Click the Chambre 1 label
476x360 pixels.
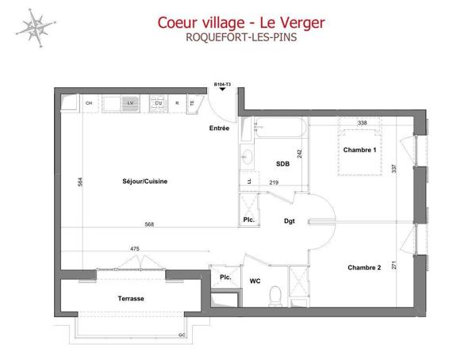(x=359, y=149)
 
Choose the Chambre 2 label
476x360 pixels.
(x=364, y=267)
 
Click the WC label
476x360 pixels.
(x=255, y=280)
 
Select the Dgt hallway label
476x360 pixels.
(x=289, y=221)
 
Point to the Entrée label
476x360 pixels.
(x=219, y=128)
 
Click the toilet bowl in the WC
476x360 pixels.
(x=275, y=295)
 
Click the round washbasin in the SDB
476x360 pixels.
(x=247, y=157)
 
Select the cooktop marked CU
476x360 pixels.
(x=159, y=103)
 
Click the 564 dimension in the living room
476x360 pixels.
(x=79, y=182)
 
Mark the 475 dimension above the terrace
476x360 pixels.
(x=134, y=249)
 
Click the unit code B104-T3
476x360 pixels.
(x=222, y=83)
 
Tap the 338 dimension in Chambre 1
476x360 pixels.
(x=361, y=123)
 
